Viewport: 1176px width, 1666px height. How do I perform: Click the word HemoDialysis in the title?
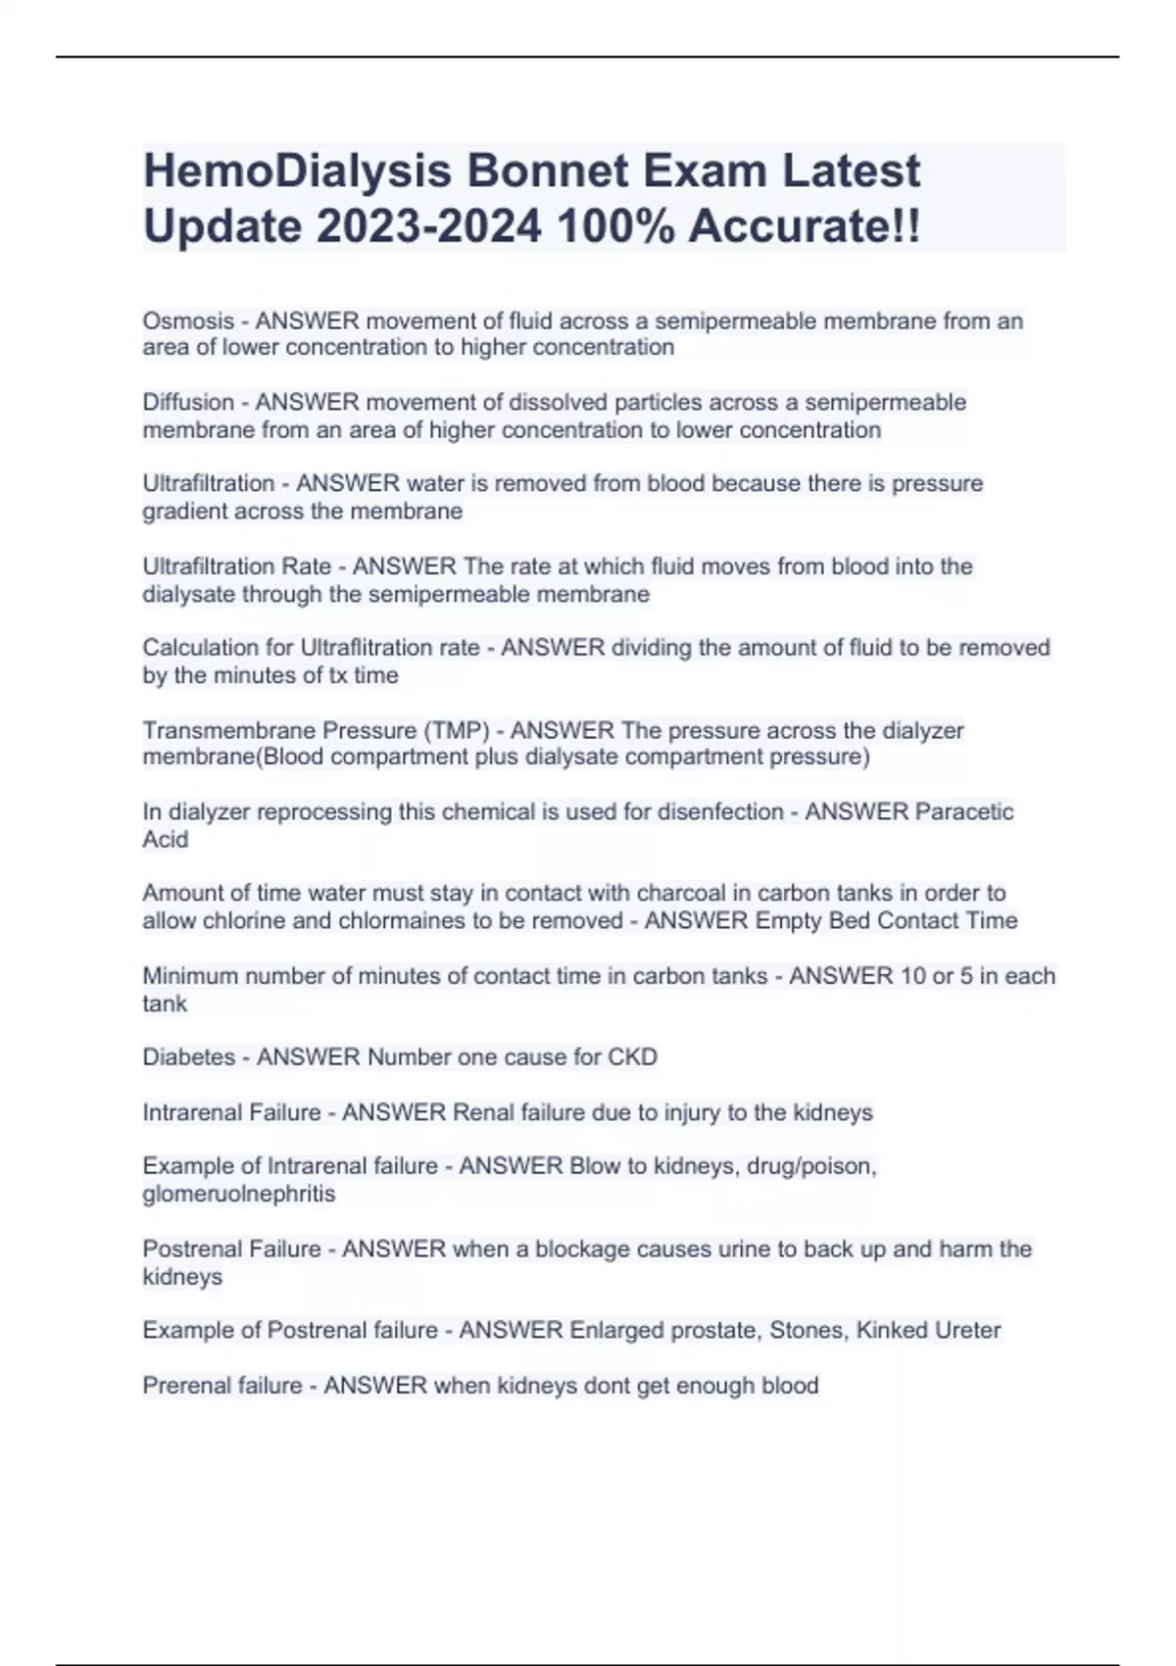click(x=297, y=171)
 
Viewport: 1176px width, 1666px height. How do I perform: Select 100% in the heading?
click(x=615, y=226)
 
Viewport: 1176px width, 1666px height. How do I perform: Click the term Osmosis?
click(x=188, y=321)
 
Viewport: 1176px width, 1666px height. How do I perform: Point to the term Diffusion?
click(x=188, y=403)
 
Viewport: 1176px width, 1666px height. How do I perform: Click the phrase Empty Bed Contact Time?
click(x=886, y=920)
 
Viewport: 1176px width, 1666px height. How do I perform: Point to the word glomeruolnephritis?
click(x=239, y=1194)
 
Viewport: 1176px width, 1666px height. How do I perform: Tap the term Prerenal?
click(x=182, y=1386)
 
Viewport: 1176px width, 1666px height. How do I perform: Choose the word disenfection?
click(x=720, y=811)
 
